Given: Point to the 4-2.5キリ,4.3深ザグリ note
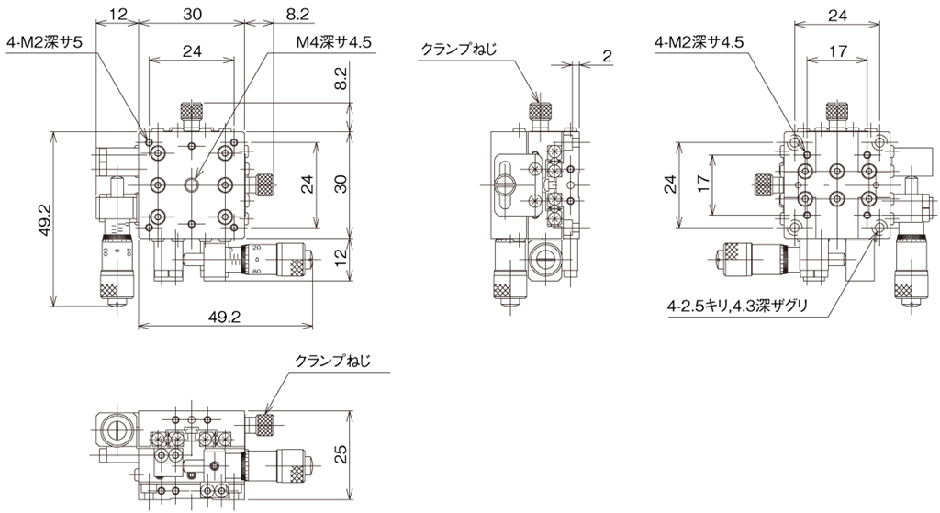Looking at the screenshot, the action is point(737,307).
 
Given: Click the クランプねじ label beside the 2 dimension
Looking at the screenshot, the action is point(459,50).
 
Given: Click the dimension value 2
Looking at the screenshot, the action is point(607,56).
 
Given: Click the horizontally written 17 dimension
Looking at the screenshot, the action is point(838,51).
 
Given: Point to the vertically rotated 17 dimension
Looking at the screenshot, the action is point(704,184).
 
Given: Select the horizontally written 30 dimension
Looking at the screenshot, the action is point(192,15).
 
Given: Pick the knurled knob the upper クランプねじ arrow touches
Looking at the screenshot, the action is point(540,111).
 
